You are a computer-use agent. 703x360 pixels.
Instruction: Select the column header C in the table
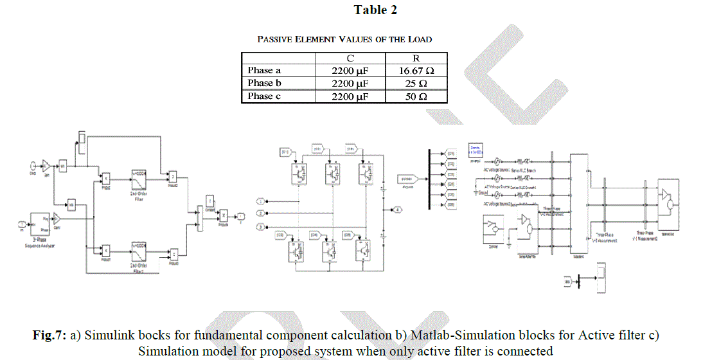[x=350, y=58]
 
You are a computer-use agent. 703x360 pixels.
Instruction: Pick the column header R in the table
[x=416, y=58]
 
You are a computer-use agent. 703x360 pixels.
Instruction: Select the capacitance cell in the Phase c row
[x=350, y=96]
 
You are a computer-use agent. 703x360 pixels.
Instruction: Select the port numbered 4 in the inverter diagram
[x=398, y=210]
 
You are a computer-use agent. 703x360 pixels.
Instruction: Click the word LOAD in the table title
[x=419, y=39]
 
